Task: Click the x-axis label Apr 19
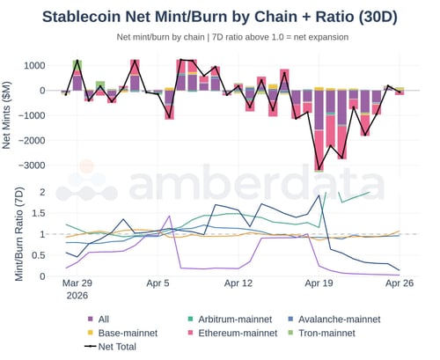click(x=318, y=283)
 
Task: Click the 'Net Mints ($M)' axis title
click(x=11, y=114)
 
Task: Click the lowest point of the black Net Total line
click(x=319, y=169)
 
